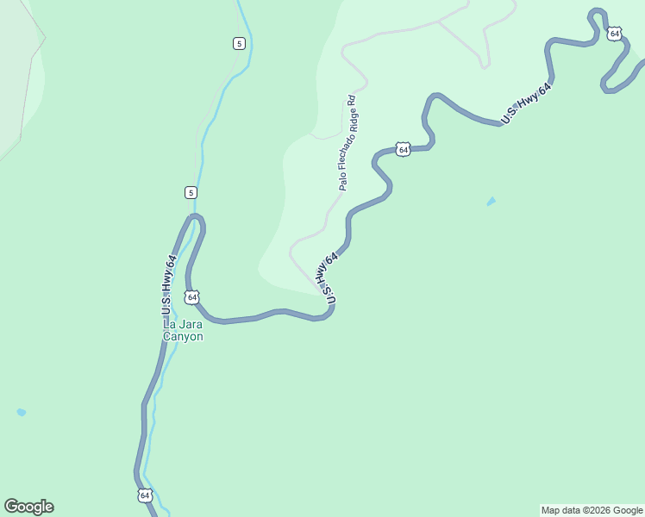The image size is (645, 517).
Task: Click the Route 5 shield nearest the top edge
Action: tap(239, 44)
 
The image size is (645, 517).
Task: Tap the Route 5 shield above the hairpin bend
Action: tap(191, 192)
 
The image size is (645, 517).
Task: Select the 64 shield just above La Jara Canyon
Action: tap(191, 297)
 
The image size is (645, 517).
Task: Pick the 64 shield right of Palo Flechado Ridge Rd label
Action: tap(404, 149)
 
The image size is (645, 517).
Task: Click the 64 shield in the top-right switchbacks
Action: tap(613, 34)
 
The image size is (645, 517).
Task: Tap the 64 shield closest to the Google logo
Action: tap(144, 495)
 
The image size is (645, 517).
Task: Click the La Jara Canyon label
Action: tap(184, 331)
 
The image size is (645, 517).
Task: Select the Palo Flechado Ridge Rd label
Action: tap(347, 143)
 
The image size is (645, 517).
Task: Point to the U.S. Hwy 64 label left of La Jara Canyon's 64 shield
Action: tap(169, 285)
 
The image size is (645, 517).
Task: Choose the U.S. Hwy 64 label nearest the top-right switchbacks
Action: tap(526, 105)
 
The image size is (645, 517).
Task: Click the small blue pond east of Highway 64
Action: tap(491, 202)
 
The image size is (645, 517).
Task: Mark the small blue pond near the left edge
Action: tap(21, 413)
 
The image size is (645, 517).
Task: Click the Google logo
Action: tap(28, 507)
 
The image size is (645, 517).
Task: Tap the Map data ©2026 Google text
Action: tap(592, 510)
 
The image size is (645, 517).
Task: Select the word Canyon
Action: tap(184, 337)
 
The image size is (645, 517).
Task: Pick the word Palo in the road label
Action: tap(343, 181)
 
